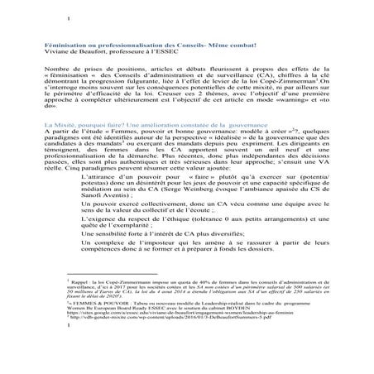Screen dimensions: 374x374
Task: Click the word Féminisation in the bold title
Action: [67, 43]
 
